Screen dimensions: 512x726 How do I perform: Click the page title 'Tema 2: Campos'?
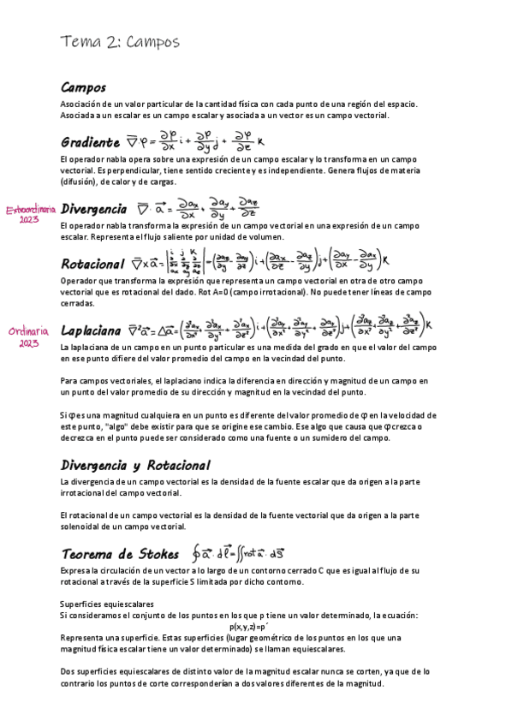tap(120, 43)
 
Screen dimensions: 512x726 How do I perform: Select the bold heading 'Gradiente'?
tap(90, 142)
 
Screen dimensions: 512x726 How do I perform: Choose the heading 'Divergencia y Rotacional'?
tap(135, 466)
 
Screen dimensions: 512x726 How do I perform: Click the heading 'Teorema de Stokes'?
tap(120, 552)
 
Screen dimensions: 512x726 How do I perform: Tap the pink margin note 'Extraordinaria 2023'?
tap(31, 213)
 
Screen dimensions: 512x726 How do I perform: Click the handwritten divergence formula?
tap(197, 208)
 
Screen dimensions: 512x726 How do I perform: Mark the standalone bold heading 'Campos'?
tap(83, 87)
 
